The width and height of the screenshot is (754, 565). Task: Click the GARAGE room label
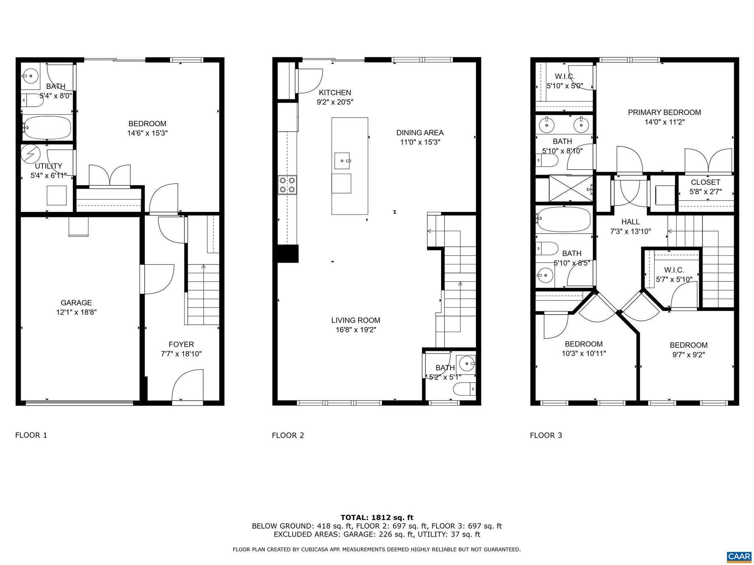(76, 303)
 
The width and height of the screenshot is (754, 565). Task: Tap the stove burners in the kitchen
(287, 185)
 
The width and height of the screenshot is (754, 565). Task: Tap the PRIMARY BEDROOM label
(664, 113)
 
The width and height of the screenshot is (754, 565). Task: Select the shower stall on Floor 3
(570, 188)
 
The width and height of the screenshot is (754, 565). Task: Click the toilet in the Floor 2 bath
(464, 389)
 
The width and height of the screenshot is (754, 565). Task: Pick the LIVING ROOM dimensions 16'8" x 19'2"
(356, 330)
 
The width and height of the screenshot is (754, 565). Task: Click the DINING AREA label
(420, 133)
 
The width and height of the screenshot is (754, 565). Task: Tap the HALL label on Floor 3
(630, 222)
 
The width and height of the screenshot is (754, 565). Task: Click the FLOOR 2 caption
(288, 436)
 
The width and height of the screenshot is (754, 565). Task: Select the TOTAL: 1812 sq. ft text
(377, 518)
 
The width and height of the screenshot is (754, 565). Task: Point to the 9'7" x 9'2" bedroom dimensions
(688, 355)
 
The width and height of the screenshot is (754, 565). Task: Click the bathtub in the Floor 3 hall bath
(563, 219)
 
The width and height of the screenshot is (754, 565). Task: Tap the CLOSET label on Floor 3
(705, 182)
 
